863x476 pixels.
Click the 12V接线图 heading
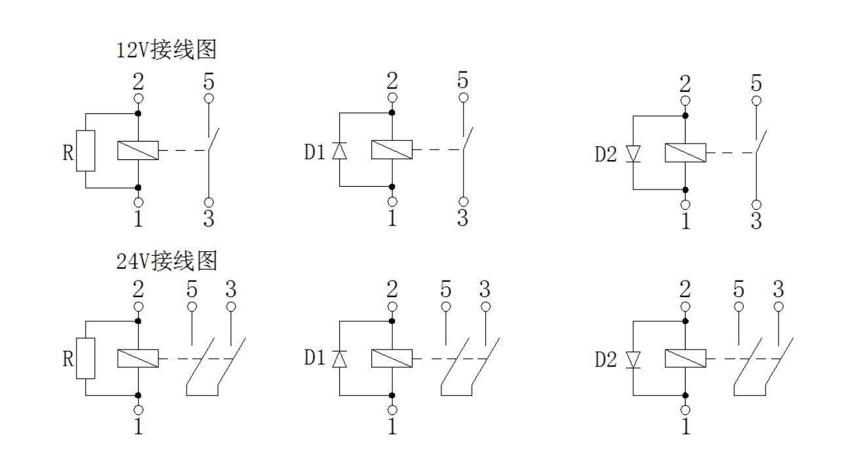[166, 50]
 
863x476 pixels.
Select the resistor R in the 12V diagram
[86, 150]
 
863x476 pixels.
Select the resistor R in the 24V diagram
[86, 358]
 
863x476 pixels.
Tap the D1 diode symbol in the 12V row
[339, 151]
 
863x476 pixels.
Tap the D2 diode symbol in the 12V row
[633, 153]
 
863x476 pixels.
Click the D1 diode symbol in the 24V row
[339, 359]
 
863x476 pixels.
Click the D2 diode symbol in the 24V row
[633, 359]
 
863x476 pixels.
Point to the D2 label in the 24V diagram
[606, 359]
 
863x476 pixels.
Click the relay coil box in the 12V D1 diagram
[392, 150]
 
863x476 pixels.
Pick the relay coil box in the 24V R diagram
[138, 358]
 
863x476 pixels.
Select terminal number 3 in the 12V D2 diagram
[756, 221]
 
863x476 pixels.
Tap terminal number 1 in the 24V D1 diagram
[392, 427]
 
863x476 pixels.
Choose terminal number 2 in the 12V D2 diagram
[685, 84]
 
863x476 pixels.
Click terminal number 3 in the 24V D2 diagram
[778, 289]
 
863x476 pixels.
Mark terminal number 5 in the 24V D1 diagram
[446, 289]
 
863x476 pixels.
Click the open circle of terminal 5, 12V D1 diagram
[463, 98]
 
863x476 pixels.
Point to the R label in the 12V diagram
[67, 153]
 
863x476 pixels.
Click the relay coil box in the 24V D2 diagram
[685, 359]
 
